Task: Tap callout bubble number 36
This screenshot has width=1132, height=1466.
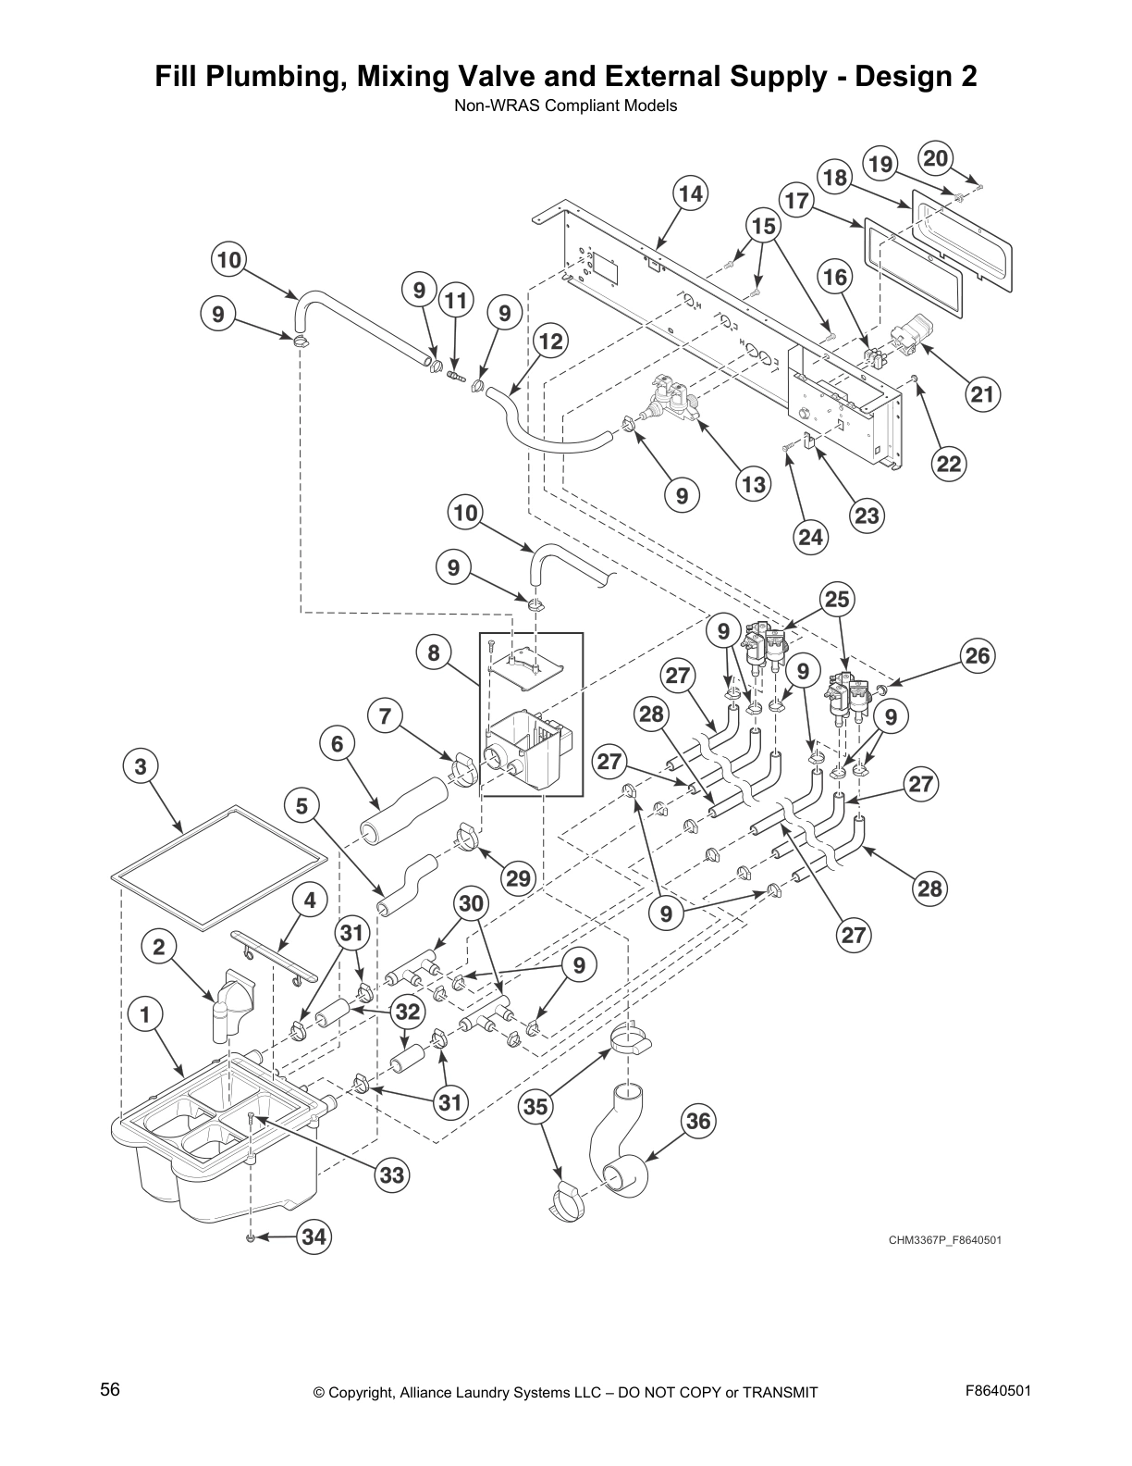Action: [x=699, y=1122]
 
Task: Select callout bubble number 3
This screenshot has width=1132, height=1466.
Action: [x=141, y=766]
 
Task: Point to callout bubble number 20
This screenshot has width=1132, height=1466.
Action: [x=936, y=158]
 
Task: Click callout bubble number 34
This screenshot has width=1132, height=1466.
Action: [x=314, y=1236]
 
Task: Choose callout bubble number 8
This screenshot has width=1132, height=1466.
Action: [x=434, y=654]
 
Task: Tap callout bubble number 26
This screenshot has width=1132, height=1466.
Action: [x=978, y=657]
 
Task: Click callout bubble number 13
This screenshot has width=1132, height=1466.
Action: [x=755, y=484]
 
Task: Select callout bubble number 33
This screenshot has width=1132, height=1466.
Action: [x=392, y=1175]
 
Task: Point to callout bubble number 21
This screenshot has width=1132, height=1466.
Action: [x=981, y=395]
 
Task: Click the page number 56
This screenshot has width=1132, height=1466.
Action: [x=110, y=1390]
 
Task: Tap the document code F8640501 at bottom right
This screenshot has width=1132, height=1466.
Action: [x=998, y=1391]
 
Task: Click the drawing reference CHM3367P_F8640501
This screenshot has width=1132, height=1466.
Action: [x=944, y=1240]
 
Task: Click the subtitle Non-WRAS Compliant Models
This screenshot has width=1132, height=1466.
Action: [x=565, y=106]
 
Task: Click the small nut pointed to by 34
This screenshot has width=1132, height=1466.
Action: [x=251, y=1237]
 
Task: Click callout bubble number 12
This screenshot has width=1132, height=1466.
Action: [x=550, y=342]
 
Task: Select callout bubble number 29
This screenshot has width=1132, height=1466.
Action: [x=518, y=876]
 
